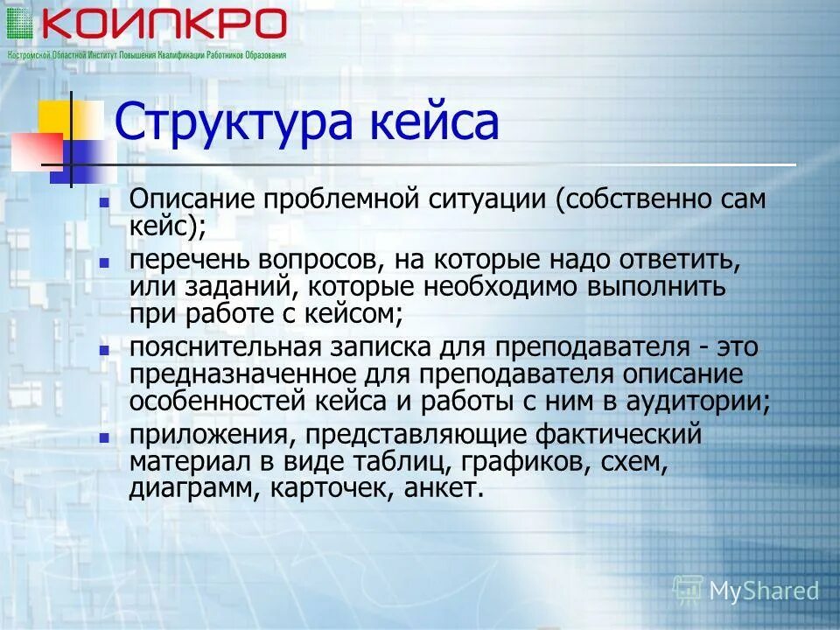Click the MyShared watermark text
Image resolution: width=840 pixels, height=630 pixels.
(763, 591)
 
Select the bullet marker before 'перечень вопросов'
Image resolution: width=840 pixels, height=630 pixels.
(104, 262)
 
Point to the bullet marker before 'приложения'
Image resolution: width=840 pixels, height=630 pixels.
(104, 435)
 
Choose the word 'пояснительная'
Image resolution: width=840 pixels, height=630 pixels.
(222, 346)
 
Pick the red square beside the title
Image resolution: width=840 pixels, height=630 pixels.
(37, 151)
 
